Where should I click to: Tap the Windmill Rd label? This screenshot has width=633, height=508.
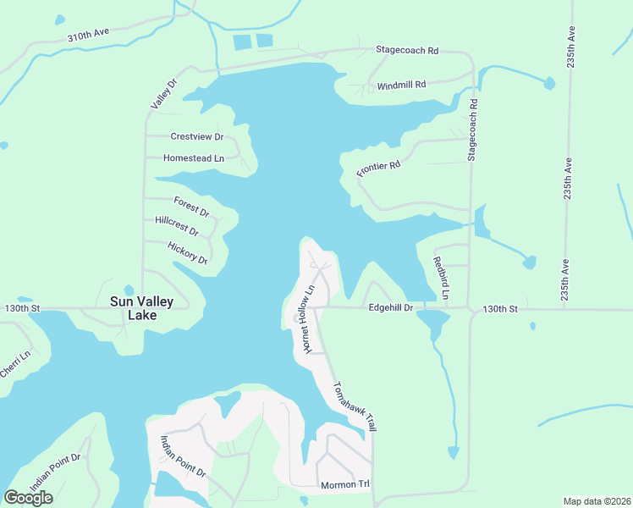pos(401,86)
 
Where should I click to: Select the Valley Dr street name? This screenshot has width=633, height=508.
pos(162,93)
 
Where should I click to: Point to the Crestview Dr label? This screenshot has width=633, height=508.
pos(196,136)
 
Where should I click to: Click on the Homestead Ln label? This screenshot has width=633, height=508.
pos(194,158)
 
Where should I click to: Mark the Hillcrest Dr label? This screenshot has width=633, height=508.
pos(177,226)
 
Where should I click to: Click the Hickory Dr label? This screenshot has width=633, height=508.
pos(188,253)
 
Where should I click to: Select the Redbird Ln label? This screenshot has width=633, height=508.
pos(440,277)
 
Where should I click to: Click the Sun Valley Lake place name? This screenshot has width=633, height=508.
pos(141,308)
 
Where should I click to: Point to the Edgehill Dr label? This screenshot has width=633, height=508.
pos(390,308)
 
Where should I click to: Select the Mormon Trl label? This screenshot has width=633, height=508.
pos(345,485)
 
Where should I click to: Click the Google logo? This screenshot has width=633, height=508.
pos(28,498)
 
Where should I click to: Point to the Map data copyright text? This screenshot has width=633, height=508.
pos(597,501)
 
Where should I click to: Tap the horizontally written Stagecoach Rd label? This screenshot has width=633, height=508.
pos(407,51)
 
